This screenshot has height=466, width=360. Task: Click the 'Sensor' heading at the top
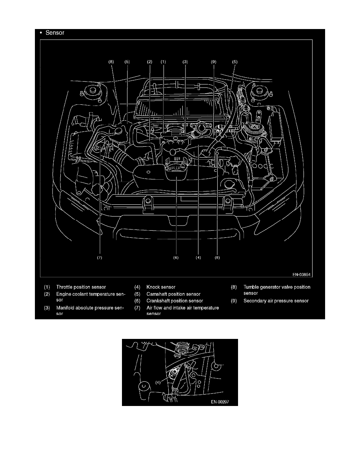(55, 33)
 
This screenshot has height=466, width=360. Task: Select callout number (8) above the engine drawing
(111, 62)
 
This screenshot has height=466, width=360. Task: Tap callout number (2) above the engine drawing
(149, 62)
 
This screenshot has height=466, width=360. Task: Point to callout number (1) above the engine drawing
(163, 62)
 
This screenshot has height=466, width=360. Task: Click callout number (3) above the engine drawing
(185, 62)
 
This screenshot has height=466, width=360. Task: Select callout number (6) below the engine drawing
(176, 258)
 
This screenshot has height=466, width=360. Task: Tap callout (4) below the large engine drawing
(198, 258)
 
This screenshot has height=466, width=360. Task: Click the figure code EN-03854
(302, 275)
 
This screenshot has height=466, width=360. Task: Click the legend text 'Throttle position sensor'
(81, 287)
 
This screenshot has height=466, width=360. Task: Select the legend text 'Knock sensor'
(161, 287)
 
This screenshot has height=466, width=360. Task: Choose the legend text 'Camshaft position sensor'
(173, 294)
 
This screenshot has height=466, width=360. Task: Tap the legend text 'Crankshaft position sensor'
(175, 301)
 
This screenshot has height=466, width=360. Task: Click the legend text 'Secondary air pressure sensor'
(276, 301)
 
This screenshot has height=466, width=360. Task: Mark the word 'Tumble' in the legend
(251, 287)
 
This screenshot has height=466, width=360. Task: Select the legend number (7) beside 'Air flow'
(137, 308)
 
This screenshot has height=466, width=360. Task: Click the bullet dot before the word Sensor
(41, 33)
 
